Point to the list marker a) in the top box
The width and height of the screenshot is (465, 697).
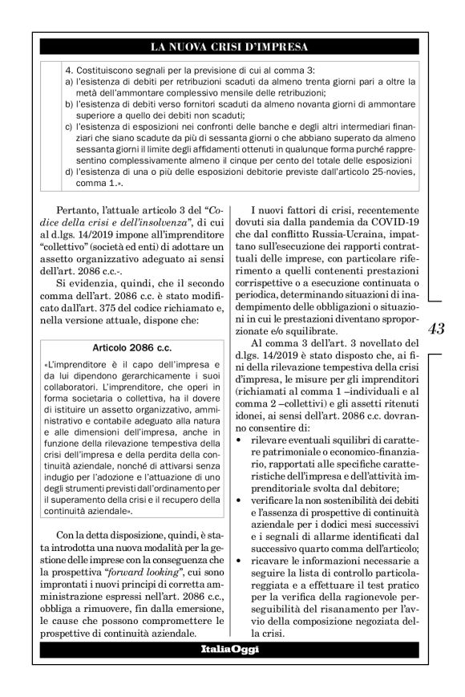[x=68, y=83]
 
